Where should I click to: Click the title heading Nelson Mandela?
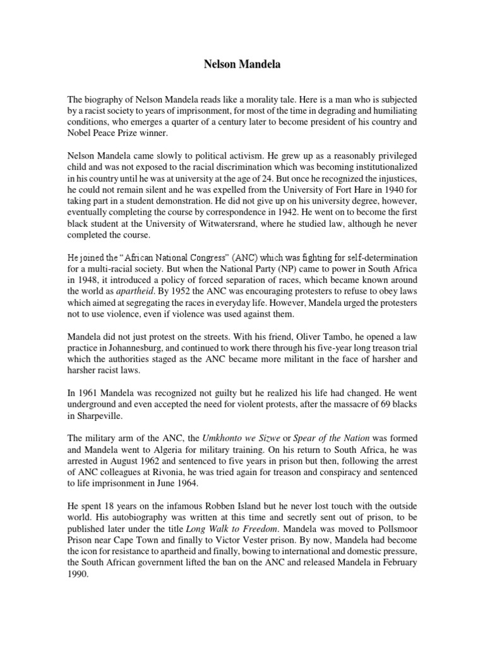pyautogui.click(x=242, y=64)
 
